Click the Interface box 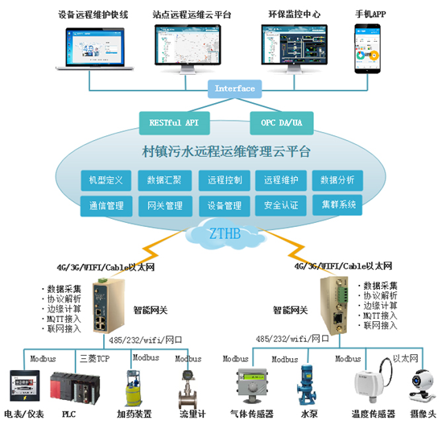[x=235, y=89]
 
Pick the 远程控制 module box [x=224, y=179]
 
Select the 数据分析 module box [x=337, y=179]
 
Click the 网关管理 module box [x=164, y=206]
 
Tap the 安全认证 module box [x=281, y=206]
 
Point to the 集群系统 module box [x=337, y=205]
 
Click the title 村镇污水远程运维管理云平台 [x=221, y=151]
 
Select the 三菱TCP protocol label [x=95, y=357]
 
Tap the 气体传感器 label [x=251, y=414]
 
